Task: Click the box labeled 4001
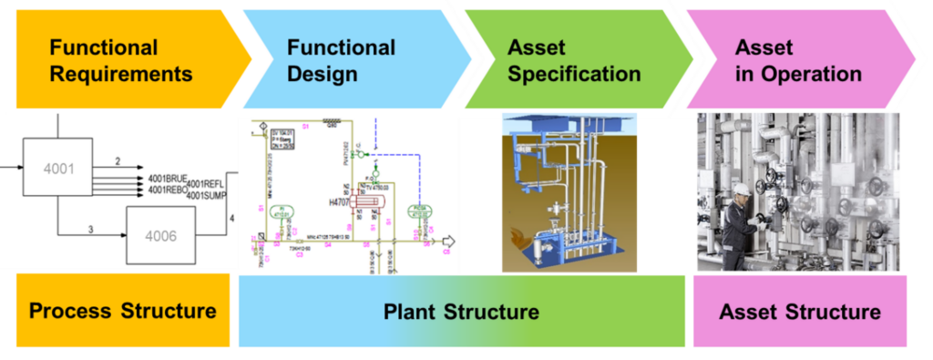pyautogui.click(x=57, y=169)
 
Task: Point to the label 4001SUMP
pyautogui.click(x=205, y=194)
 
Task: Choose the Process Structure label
pyautogui.click(x=122, y=311)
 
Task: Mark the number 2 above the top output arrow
pyautogui.click(x=117, y=162)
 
